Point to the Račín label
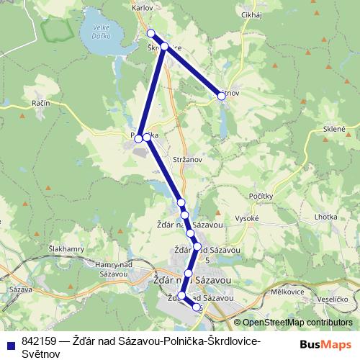(40, 104)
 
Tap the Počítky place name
(258, 197)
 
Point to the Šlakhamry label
(66, 249)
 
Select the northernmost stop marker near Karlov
(151, 34)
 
